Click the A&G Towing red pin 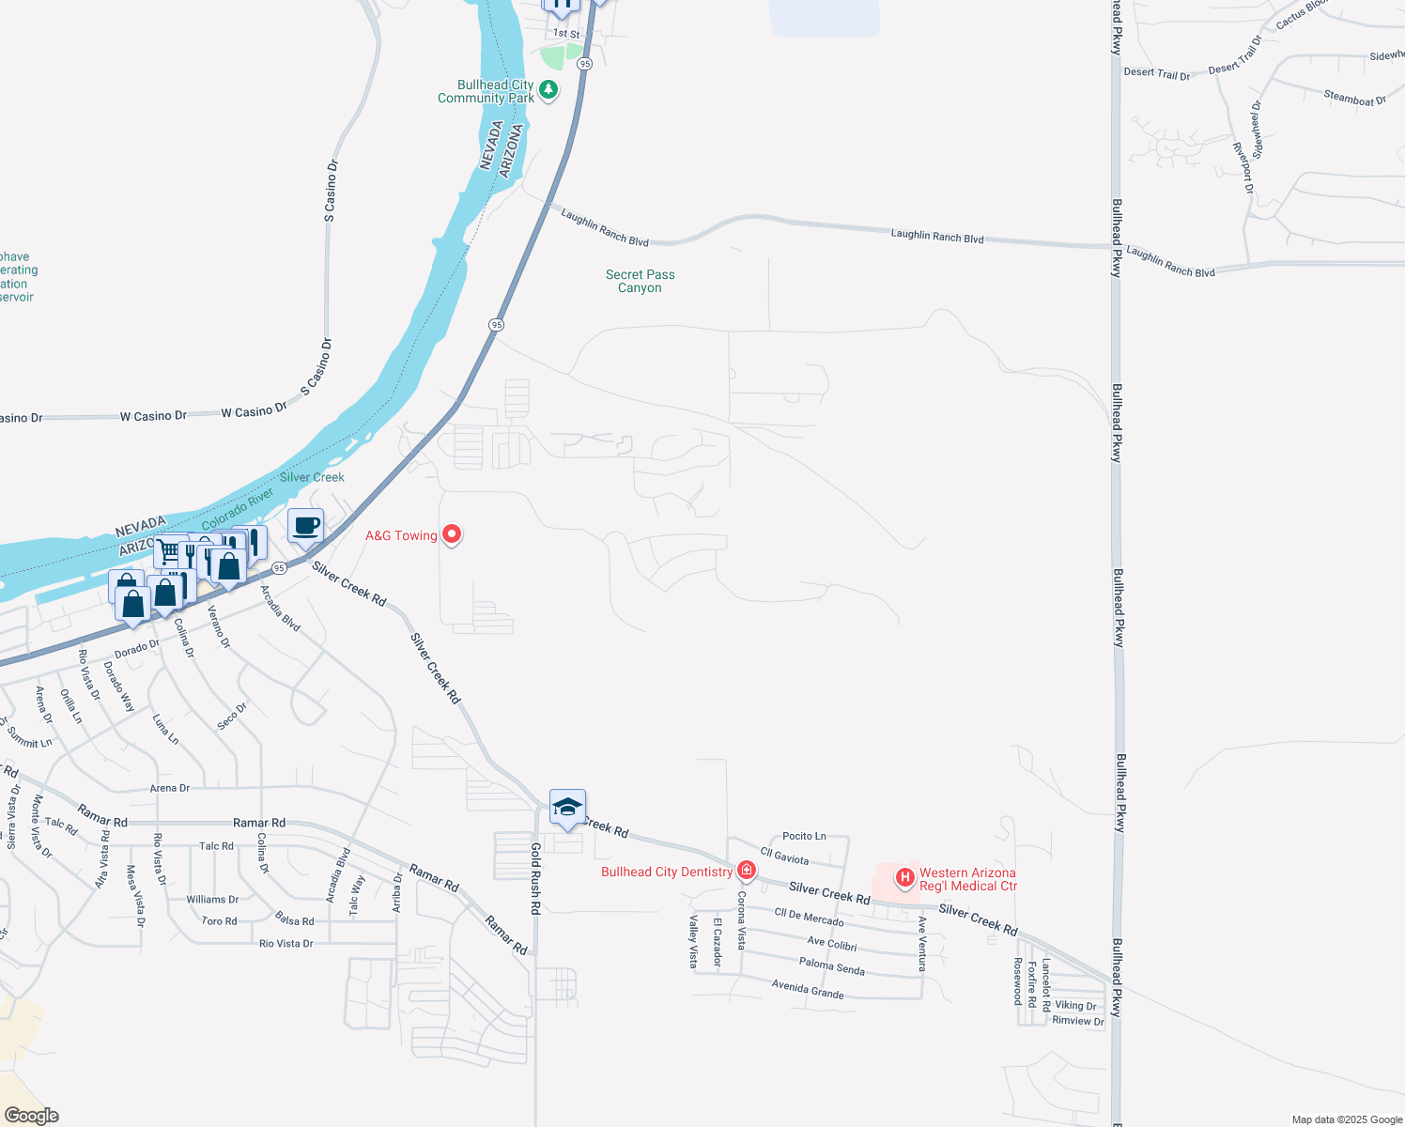[x=452, y=534]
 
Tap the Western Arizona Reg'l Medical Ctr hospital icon [x=904, y=878]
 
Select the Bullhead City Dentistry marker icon [x=747, y=871]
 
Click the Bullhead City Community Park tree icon [x=548, y=90]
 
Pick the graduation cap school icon [x=567, y=808]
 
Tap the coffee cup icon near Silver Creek [x=305, y=525]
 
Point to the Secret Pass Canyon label [x=640, y=281]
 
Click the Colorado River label [x=238, y=508]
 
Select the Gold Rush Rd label [x=535, y=878]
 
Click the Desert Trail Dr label [x=1156, y=73]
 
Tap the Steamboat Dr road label [x=1354, y=98]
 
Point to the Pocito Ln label [x=804, y=836]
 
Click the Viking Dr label [x=1075, y=1005]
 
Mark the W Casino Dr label [x=153, y=415]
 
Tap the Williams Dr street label [x=212, y=899]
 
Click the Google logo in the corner [x=31, y=1116]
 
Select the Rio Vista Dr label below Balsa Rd [x=286, y=943]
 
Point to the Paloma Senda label [x=831, y=965]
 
